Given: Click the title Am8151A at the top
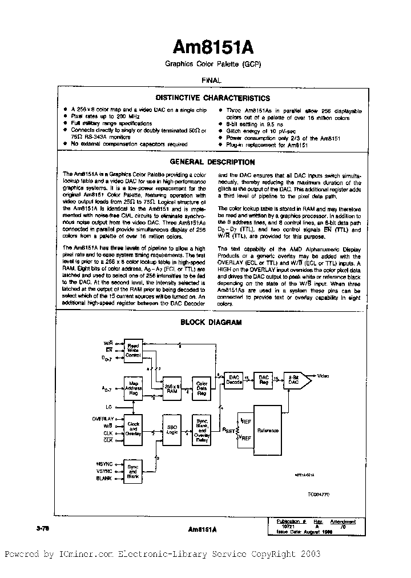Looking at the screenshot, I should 207,46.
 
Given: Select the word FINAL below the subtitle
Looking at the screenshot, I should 207,81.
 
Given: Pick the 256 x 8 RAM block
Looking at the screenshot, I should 171,387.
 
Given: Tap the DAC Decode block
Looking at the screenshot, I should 234,380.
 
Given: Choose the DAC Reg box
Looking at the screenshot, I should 263,380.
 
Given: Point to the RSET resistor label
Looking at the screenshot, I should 229,431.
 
